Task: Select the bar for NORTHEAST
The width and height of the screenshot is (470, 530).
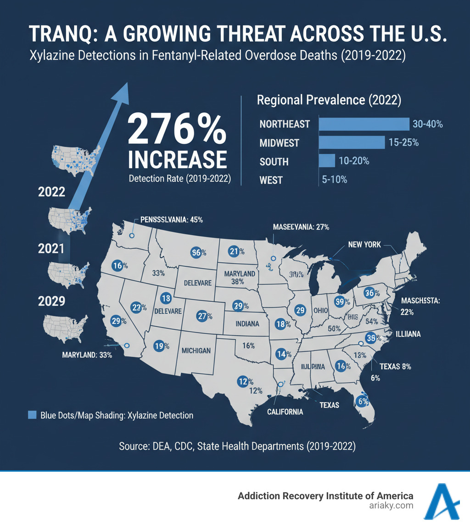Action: (x=364, y=124)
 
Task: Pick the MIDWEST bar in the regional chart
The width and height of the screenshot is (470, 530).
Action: (x=351, y=143)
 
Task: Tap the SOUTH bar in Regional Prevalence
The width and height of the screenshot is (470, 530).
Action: (x=327, y=161)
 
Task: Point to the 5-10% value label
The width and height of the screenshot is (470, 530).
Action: (x=335, y=179)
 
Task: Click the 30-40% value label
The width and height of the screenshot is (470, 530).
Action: (x=428, y=124)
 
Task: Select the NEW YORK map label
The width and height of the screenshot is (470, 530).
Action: (x=364, y=244)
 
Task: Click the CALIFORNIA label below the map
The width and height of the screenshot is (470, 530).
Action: (x=285, y=412)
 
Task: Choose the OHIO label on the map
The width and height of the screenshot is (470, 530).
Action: (x=321, y=311)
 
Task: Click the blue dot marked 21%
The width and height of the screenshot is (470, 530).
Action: (x=234, y=251)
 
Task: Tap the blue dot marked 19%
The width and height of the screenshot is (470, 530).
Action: (x=158, y=347)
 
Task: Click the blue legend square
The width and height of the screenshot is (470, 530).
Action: (x=32, y=415)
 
